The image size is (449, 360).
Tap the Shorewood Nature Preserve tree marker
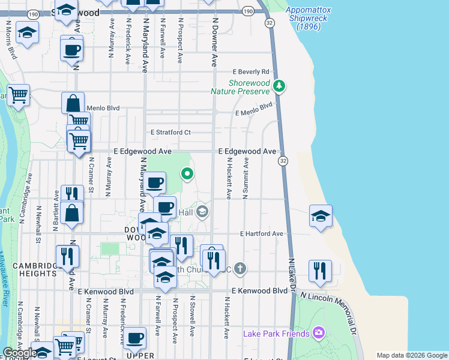[x=279, y=86]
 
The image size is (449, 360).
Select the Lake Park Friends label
[x=276, y=334]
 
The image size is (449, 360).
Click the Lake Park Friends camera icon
[x=318, y=332]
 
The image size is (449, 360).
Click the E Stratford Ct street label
[x=170, y=132]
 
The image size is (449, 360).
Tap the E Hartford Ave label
[x=261, y=233]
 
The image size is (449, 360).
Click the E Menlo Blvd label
[x=254, y=109]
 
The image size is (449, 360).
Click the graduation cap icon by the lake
[x=321, y=216]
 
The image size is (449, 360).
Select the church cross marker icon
[x=240, y=268]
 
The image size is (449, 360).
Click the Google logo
[x=19, y=352]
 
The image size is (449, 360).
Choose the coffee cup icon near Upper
[x=135, y=337]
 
